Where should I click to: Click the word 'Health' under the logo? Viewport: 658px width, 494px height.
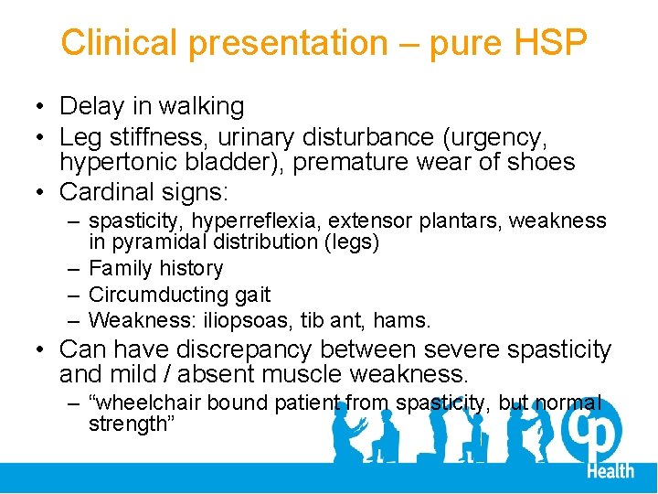pyautogui.click(x=609, y=470)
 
